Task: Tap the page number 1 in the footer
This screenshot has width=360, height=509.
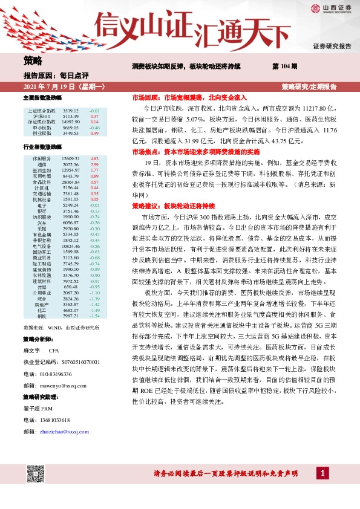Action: (x=324, y=488)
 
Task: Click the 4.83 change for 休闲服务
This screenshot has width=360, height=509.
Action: (x=94, y=158)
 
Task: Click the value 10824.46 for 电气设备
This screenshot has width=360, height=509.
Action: (x=71, y=246)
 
